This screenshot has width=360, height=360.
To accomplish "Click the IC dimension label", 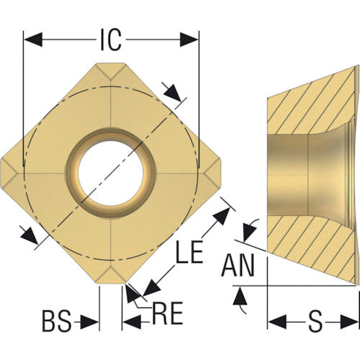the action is [111, 40].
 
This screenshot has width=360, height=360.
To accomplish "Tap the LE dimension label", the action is [189, 252].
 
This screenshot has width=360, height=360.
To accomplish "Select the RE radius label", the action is [167, 313].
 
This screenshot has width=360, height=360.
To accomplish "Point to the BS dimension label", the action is [57, 320].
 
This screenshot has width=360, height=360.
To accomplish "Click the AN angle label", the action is [238, 266].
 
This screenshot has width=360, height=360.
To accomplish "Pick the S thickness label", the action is [315, 321].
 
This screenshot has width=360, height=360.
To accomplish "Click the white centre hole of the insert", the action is [111, 174].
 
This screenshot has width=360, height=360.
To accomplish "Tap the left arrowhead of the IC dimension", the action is [33, 40].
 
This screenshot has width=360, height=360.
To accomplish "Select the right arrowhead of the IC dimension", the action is [189, 40].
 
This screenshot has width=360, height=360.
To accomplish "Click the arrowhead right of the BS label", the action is [89, 322].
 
